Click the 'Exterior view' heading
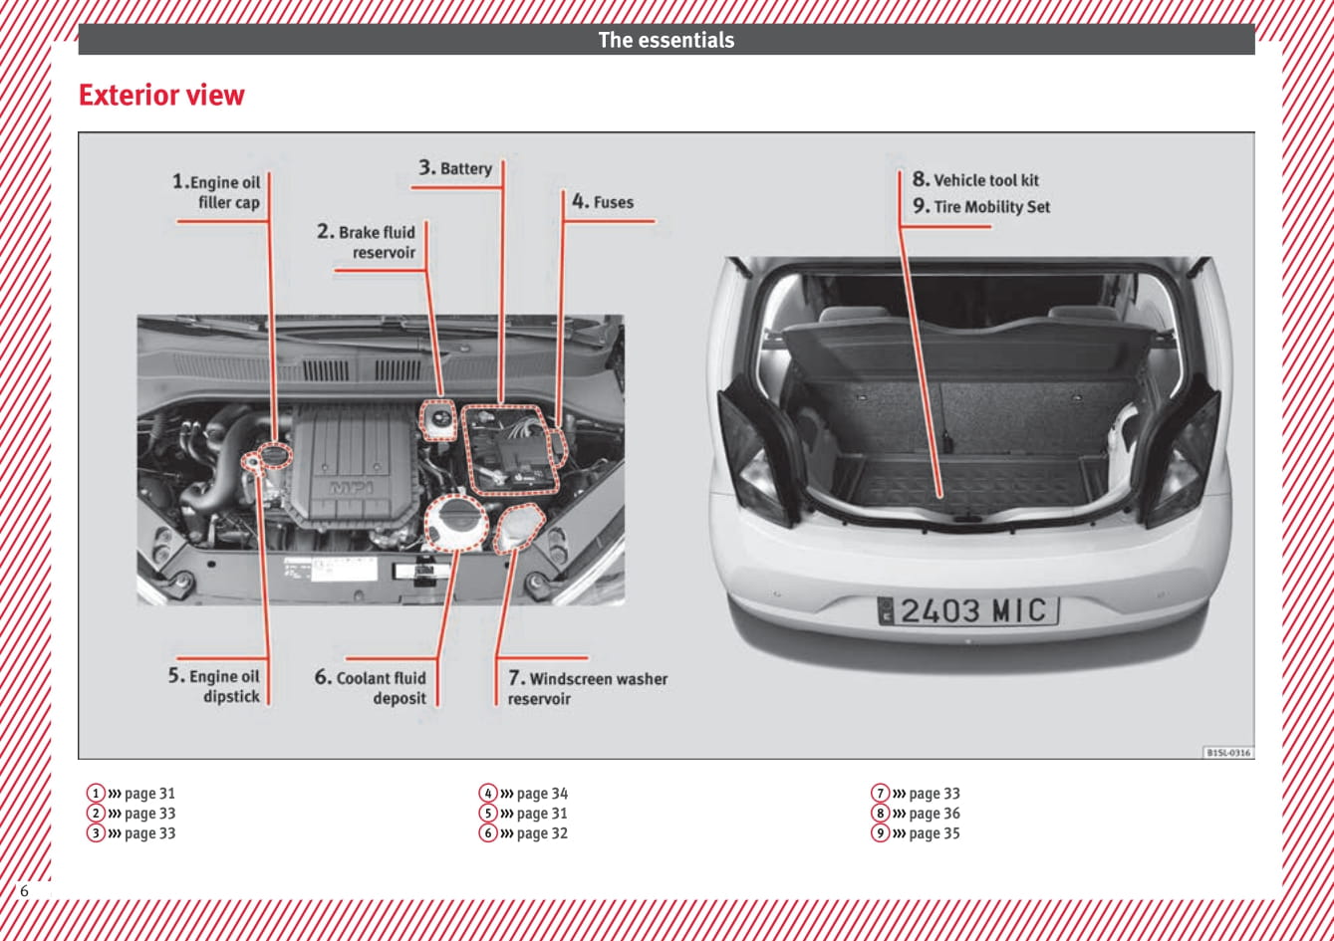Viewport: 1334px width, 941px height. coord(161,96)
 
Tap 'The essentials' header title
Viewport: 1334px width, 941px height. coord(666,41)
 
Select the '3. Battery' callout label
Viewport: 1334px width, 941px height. coord(456,168)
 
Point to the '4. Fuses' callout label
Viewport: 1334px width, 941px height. coord(603,202)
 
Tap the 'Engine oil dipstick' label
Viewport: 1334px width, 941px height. coord(214,686)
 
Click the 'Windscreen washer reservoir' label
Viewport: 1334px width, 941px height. coord(587,688)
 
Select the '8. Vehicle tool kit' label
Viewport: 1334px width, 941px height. coord(975,180)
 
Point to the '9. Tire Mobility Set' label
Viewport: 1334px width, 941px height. coord(981,207)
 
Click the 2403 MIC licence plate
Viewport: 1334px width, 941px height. coord(967,610)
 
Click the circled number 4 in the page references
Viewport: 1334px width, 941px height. coord(488,794)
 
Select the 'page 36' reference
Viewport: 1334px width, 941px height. coord(934,814)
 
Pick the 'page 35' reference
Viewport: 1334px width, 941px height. coord(934,833)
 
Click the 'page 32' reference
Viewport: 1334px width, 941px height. coord(542,833)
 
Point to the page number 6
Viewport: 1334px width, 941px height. coord(24,890)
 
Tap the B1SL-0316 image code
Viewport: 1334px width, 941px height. coord(1228,753)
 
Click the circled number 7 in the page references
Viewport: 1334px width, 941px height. coord(881,794)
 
